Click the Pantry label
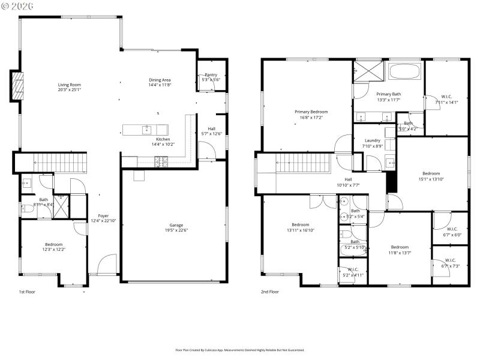pos(211,75)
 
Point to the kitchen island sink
pos(146,129)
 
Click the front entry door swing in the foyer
pos(107,264)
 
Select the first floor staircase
pos(59,161)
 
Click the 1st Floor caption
pos(26,292)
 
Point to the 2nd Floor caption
pos(269,292)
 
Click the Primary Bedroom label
pos(311,112)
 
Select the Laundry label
pos(373,140)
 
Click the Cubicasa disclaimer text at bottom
pos(239,350)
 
